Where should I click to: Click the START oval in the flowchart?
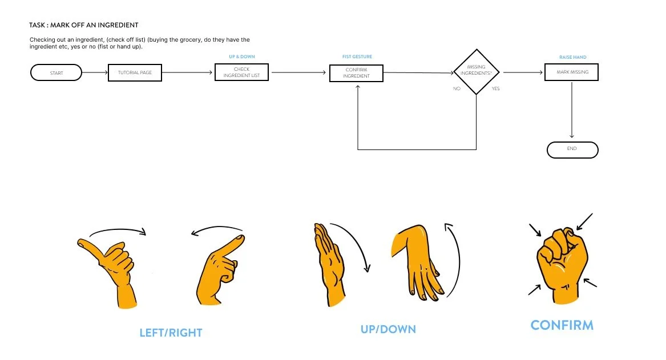tap(56, 73)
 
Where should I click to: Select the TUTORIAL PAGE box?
tap(135, 73)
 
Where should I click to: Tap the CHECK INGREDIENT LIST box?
tap(241, 73)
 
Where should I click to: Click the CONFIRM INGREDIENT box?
tap(356, 73)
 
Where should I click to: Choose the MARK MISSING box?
tap(571, 72)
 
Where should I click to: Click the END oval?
tap(572, 149)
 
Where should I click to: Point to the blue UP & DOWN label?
tap(241, 57)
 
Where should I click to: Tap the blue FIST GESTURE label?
tap(357, 57)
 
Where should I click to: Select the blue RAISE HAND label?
tap(572, 57)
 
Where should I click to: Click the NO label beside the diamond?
tap(457, 88)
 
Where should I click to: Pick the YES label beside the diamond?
tap(495, 88)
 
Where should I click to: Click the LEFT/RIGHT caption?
tap(171, 333)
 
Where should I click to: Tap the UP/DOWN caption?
tap(388, 329)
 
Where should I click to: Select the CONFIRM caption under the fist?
tap(562, 325)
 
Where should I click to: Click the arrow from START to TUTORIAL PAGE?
tap(95, 72)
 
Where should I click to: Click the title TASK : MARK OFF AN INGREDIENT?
tap(84, 25)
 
